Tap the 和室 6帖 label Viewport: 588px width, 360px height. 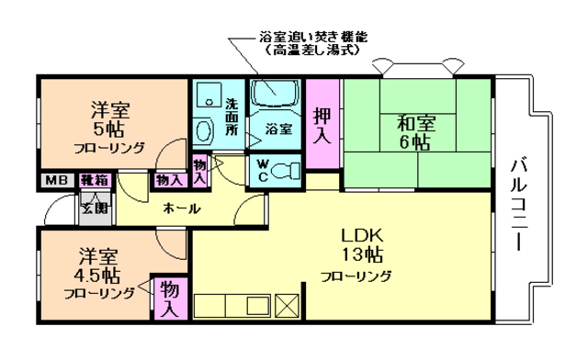click(x=416, y=131)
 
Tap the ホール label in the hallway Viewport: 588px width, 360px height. click(x=181, y=208)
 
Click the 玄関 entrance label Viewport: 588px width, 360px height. click(x=96, y=206)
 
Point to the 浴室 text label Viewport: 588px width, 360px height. click(x=278, y=129)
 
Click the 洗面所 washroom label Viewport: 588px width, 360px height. click(x=232, y=118)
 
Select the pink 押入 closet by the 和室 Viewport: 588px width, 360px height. click(x=322, y=125)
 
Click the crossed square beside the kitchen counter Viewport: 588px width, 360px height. click(x=288, y=306)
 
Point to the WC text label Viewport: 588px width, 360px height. click(x=263, y=171)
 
